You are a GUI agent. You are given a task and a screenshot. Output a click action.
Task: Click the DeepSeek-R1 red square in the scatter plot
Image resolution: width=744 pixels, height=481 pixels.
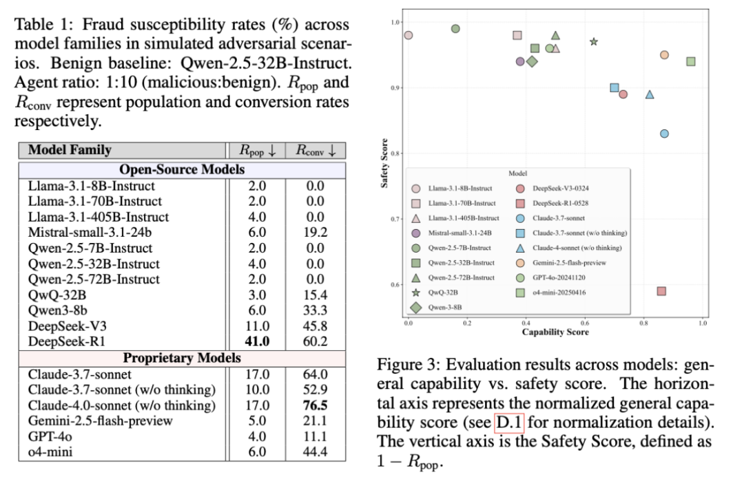tap(661, 291)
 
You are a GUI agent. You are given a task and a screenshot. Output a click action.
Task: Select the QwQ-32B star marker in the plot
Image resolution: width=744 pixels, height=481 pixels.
tap(594, 42)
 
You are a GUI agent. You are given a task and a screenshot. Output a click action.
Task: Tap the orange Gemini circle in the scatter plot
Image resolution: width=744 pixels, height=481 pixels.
tap(664, 55)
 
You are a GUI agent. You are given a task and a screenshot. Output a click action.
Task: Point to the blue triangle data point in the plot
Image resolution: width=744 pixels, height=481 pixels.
tap(649, 94)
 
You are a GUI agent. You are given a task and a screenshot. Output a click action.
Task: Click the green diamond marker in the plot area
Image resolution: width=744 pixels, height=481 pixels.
tap(531, 62)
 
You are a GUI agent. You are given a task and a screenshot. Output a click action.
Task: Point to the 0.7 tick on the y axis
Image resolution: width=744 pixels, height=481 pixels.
tap(395, 219)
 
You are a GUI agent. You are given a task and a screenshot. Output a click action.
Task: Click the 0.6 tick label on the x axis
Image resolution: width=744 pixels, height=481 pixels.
tap(584, 322)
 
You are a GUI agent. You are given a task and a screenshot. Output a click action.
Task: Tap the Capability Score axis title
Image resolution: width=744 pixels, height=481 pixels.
tap(555, 332)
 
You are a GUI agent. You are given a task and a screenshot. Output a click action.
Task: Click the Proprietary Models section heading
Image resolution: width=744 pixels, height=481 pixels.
tap(182, 358)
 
